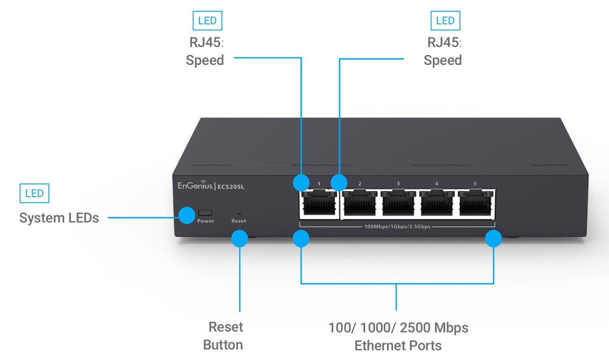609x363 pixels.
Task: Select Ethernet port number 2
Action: click(x=360, y=205)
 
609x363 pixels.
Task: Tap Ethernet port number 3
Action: click(x=398, y=205)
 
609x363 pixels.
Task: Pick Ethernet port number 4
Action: click(x=437, y=205)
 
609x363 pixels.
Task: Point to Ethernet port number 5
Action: click(x=475, y=205)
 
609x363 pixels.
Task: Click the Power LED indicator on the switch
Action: click(x=205, y=213)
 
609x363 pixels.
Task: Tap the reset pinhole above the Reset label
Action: click(x=238, y=212)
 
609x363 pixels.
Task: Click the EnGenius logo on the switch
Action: click(x=195, y=186)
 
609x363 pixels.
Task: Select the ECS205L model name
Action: click(x=231, y=187)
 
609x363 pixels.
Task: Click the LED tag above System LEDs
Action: click(x=34, y=193)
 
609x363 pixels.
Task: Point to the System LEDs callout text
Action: click(x=59, y=218)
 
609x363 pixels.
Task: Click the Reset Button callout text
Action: click(x=223, y=336)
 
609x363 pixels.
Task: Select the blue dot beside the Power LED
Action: click(x=187, y=215)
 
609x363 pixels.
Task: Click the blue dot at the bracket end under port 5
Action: click(x=493, y=239)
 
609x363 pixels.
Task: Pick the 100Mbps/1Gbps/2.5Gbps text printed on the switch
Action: click(x=397, y=227)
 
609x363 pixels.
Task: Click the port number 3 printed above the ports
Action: click(x=398, y=184)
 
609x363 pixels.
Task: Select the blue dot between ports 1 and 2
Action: click(x=339, y=182)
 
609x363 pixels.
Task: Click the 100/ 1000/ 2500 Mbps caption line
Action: click(x=398, y=327)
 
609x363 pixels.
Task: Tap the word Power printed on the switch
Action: click(x=206, y=221)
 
